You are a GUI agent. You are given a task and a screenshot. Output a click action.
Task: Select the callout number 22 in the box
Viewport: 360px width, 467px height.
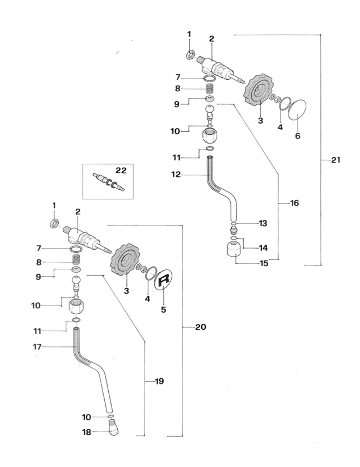(x=121, y=171)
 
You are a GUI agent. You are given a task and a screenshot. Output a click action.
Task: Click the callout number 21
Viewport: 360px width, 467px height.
(x=336, y=160)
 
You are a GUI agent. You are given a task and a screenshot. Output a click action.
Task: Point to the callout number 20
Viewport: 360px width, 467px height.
(x=200, y=327)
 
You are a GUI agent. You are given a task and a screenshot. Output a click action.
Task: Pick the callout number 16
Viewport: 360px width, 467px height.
(x=294, y=203)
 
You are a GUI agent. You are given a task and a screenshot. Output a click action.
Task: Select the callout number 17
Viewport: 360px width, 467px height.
(x=37, y=347)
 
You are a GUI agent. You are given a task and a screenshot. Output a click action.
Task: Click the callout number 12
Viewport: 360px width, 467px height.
(x=176, y=175)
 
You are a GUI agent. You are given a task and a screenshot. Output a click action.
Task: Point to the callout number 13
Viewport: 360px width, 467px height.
(x=263, y=224)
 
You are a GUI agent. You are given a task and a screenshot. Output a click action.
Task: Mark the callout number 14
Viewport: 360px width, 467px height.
(x=263, y=248)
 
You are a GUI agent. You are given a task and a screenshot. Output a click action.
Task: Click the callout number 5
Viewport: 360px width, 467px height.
(x=163, y=310)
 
